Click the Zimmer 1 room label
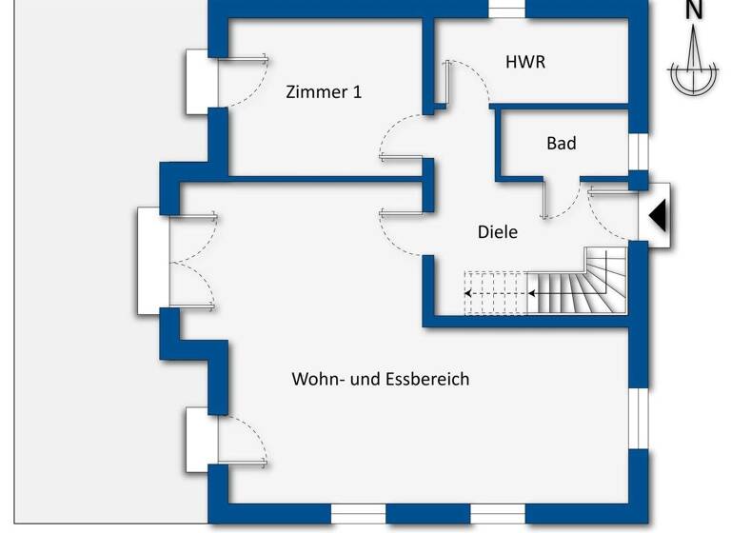pos(324,92)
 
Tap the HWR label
pos(524,62)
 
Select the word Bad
pos(561,144)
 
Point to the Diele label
pos(497,231)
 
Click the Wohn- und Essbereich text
pos(380,379)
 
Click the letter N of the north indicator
pos(695,11)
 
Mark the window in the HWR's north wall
pos(506,8)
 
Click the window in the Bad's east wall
pos(639,152)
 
